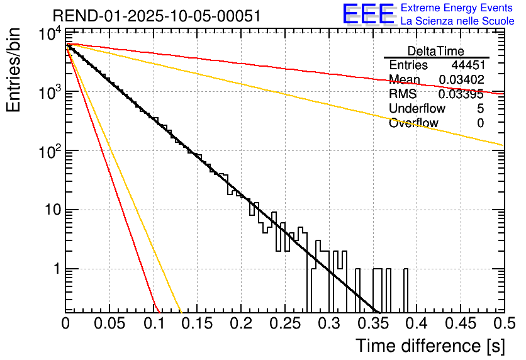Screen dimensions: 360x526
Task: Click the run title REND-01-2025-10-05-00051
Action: pyautogui.click(x=157, y=16)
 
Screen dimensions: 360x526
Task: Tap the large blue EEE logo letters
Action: pyautogui.click(x=368, y=14)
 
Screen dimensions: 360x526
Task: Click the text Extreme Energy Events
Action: pyautogui.click(x=457, y=8)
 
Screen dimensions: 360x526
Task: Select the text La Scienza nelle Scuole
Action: pyautogui.click(x=457, y=21)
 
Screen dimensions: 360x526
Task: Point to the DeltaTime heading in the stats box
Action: pyautogui.click(x=436, y=51)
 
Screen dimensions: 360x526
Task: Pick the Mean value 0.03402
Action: pyautogui.click(x=461, y=80)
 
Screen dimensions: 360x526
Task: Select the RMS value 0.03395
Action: pyautogui.click(x=461, y=94)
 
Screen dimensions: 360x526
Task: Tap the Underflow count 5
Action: pyautogui.click(x=480, y=109)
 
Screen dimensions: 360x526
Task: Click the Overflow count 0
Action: pyautogui.click(x=480, y=123)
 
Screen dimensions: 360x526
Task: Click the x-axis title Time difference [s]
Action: pyautogui.click(x=430, y=346)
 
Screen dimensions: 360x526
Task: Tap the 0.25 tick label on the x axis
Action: pyautogui.click(x=285, y=323)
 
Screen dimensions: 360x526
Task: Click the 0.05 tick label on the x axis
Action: pyautogui.click(x=109, y=323)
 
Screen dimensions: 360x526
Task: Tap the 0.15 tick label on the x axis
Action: pyautogui.click(x=197, y=323)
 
